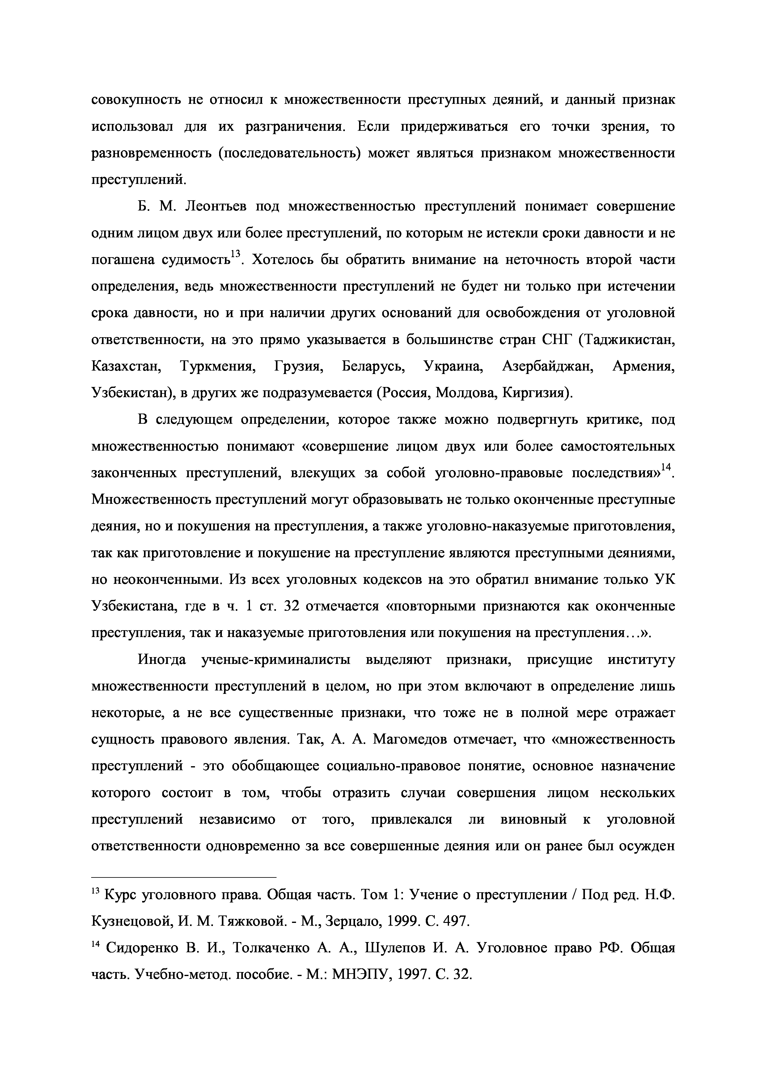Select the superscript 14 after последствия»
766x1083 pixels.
665,467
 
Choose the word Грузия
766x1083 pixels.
298,367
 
